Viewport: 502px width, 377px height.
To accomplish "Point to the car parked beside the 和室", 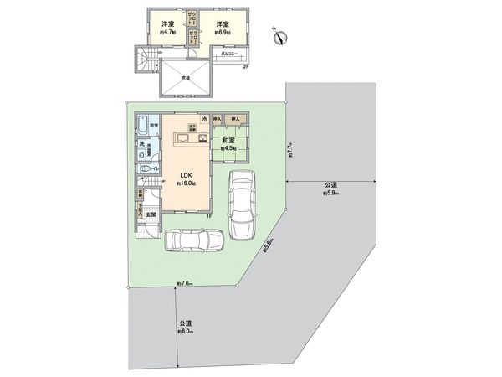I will pyautogui.click(x=242, y=204).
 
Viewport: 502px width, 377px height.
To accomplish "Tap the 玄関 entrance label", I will pyautogui.click(x=151, y=216).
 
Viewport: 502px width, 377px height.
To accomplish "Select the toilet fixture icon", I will pyautogui.click(x=145, y=168).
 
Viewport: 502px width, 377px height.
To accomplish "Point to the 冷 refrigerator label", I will pyautogui.click(x=204, y=119).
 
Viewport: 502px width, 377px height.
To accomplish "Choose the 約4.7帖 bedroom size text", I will pyautogui.click(x=168, y=33).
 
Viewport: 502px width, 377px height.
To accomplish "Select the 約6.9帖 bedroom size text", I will pyautogui.click(x=222, y=33).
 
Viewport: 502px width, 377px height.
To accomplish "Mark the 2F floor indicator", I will pyautogui.click(x=245, y=66).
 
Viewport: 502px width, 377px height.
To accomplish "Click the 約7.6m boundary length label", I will pyautogui.click(x=185, y=283).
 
